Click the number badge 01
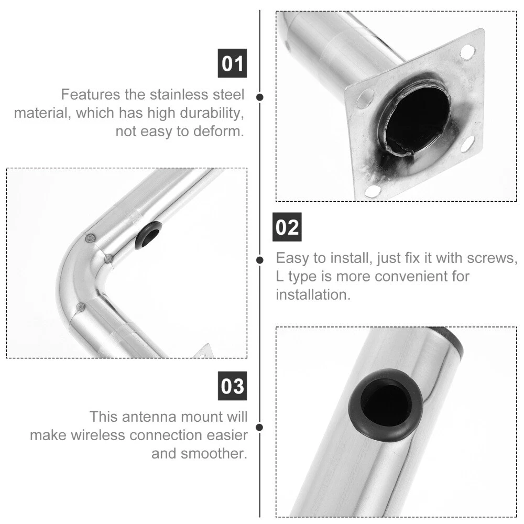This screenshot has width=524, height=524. click(232, 63)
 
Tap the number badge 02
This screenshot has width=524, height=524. click(287, 227)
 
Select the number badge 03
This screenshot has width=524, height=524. click(232, 386)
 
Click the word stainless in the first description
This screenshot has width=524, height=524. click(179, 94)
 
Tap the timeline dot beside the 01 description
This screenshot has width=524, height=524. click(260, 97)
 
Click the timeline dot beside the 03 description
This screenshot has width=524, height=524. click(259, 428)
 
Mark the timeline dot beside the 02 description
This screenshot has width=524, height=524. click(260, 260)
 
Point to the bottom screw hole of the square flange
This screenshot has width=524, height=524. click(373, 191)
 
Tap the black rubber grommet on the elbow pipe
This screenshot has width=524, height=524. click(148, 235)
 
